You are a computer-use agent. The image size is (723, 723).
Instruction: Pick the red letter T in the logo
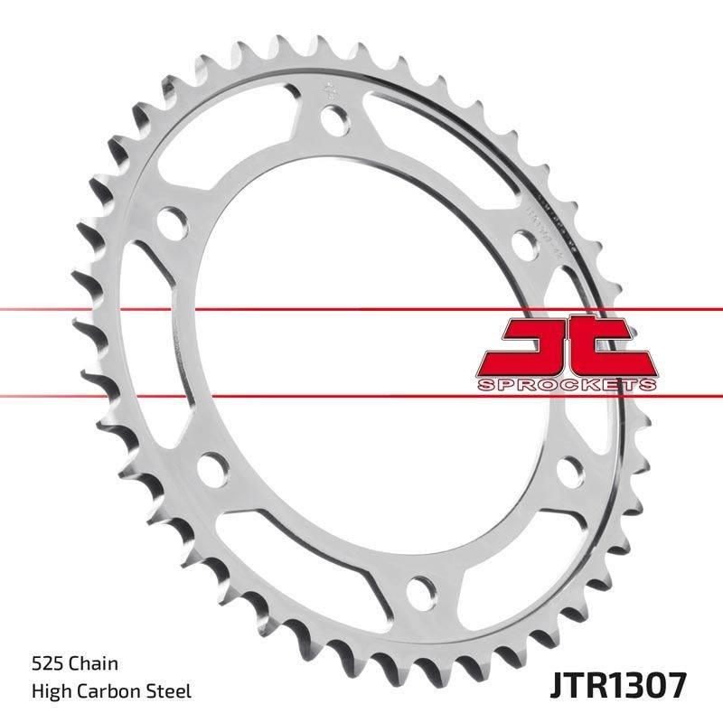614,347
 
